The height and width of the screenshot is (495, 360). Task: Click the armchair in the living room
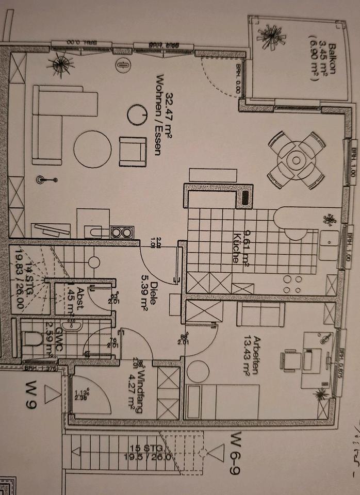click(132, 151)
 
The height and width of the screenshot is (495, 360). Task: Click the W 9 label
click(32, 394)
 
